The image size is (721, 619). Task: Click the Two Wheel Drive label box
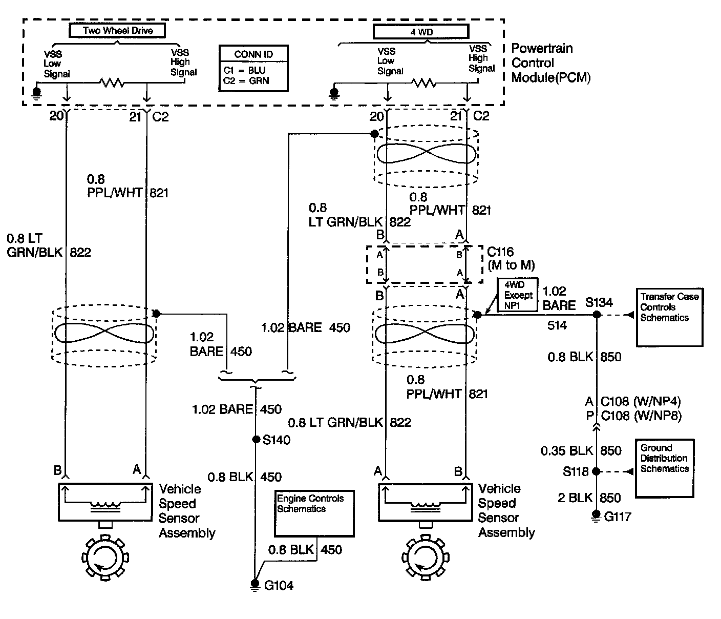118,31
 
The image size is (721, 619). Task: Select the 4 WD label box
421,32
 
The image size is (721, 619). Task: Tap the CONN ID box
253,68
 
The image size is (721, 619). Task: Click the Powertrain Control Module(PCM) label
550,63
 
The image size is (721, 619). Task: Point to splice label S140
277,440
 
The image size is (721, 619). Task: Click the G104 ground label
279,585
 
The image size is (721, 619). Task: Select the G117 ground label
618,517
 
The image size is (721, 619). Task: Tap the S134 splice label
599,302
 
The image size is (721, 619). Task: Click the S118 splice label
577,471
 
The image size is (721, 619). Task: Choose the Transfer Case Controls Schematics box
669,317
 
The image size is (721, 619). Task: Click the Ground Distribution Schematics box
664,468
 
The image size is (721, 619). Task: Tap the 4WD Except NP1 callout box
518,296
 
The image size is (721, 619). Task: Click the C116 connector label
510,258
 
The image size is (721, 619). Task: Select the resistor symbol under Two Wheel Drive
112,82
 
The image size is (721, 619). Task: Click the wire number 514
557,325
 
